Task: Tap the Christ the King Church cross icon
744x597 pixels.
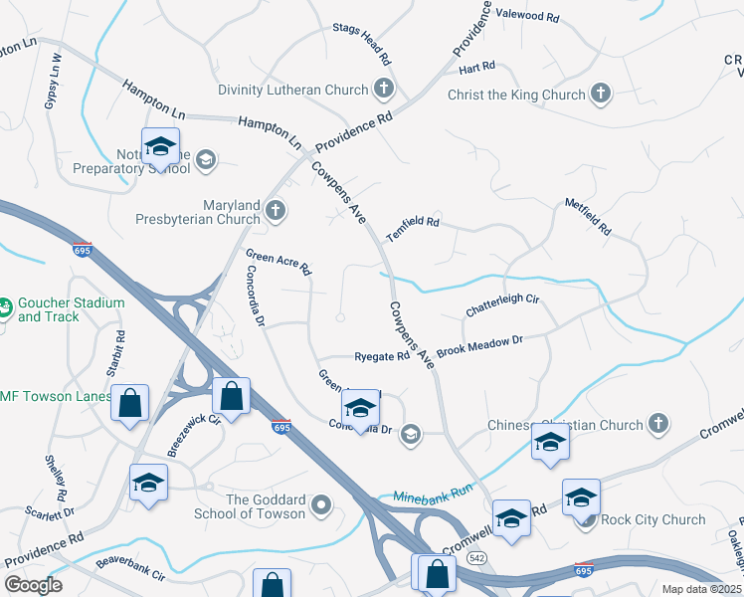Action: (x=600, y=95)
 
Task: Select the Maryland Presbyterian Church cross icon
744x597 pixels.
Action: (x=276, y=211)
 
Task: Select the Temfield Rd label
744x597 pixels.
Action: (x=413, y=222)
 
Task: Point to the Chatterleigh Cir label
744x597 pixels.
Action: (x=501, y=305)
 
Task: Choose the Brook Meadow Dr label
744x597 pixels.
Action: (x=479, y=346)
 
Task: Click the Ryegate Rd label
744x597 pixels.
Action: (x=383, y=356)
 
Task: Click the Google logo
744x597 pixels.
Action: (x=33, y=584)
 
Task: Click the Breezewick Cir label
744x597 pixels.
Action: (x=193, y=434)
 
